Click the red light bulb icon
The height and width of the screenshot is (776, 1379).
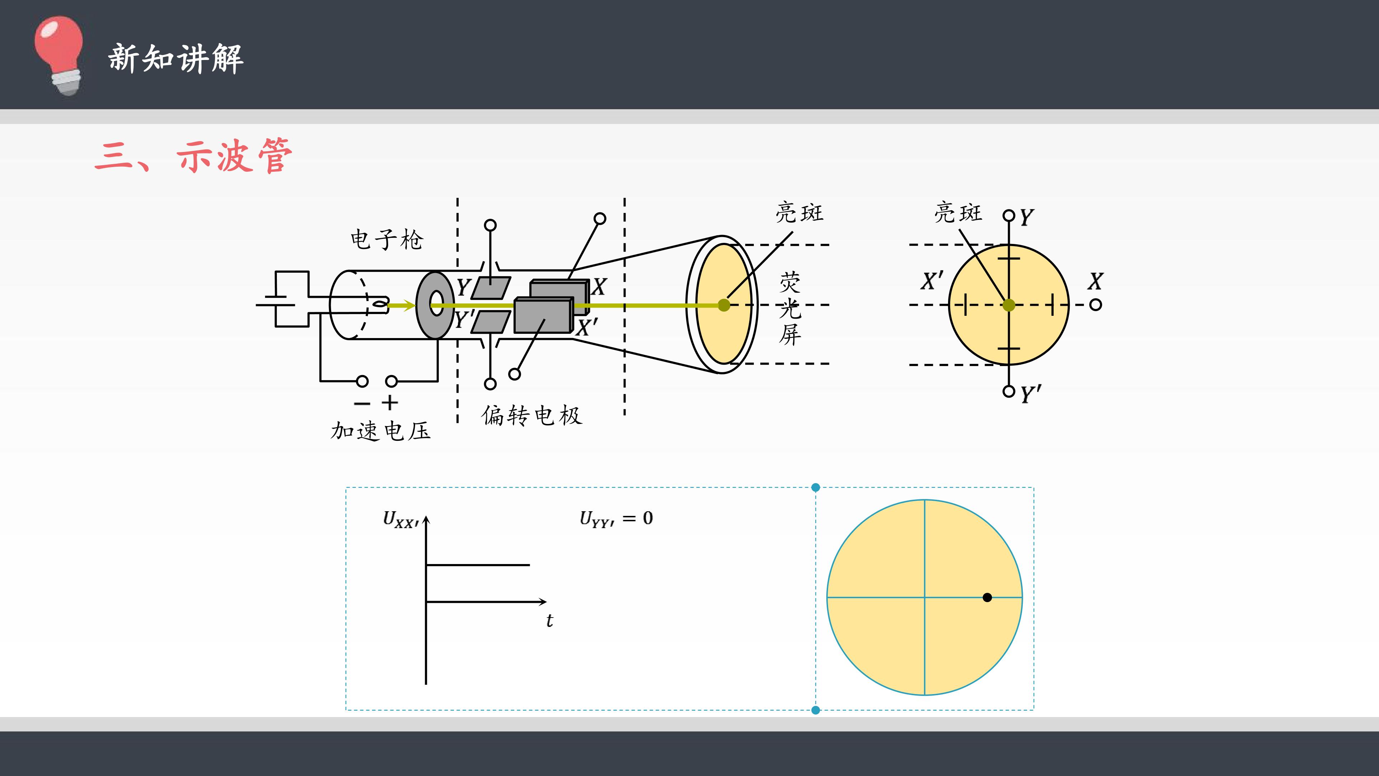pyautogui.click(x=59, y=55)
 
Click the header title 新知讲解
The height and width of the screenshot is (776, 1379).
pyautogui.click(x=176, y=58)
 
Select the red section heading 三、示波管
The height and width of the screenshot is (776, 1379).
pyautogui.click(x=193, y=156)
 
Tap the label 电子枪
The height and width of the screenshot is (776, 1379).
pyautogui.click(x=386, y=239)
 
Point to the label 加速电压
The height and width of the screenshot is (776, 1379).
pyautogui.click(x=381, y=431)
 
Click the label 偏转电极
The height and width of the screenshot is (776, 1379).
pyautogui.click(x=531, y=415)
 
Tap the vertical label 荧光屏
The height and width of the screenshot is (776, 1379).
pyautogui.click(x=790, y=309)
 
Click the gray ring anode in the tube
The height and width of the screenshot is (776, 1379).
pyautogui.click(x=435, y=305)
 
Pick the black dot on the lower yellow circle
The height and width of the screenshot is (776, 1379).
pyautogui.click(x=987, y=597)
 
